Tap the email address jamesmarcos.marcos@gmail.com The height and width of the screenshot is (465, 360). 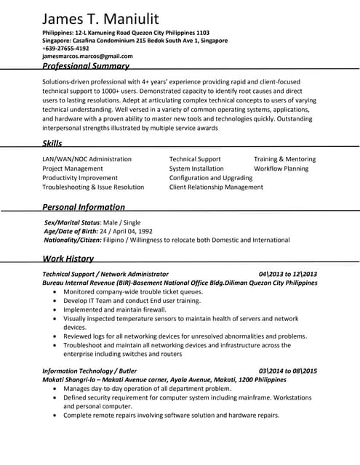point(87,56)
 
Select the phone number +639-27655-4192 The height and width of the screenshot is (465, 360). point(65,49)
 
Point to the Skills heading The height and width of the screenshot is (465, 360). point(52,144)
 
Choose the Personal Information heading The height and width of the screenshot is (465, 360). point(84,207)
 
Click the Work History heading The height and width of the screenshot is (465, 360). point(68,259)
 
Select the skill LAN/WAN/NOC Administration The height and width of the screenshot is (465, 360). point(87,159)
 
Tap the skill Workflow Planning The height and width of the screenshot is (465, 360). point(281,169)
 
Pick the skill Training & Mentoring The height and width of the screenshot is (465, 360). point(284,159)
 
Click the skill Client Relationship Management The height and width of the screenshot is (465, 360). point(216,187)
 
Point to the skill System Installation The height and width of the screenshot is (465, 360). point(196,169)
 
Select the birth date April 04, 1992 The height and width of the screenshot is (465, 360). point(135,230)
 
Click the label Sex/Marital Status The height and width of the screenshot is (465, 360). point(71,222)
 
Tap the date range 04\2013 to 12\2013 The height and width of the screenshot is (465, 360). point(288,275)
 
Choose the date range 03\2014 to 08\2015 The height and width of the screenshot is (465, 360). point(288,371)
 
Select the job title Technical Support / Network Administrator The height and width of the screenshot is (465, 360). point(105,275)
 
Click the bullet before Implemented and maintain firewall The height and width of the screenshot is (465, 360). point(56,310)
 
